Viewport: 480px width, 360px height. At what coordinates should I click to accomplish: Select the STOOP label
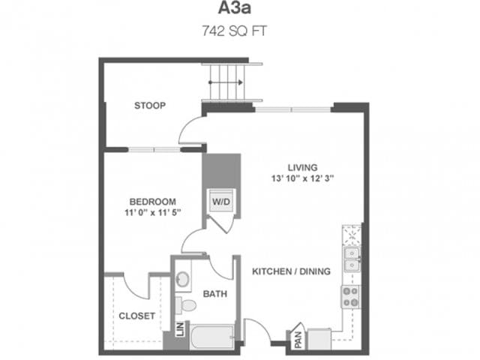[x=150, y=105]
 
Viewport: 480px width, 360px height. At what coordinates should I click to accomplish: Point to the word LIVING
[x=303, y=166]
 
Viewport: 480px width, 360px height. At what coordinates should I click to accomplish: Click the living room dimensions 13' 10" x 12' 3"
[x=303, y=178]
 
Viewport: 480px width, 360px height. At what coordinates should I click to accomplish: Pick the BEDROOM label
[x=152, y=201]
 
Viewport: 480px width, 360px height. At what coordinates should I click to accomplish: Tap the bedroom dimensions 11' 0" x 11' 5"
[x=152, y=213]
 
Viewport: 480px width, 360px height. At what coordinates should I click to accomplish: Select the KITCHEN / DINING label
[x=291, y=271]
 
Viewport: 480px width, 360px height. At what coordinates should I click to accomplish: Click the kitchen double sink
[x=351, y=259]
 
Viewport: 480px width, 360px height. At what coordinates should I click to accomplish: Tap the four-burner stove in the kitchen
[x=351, y=297]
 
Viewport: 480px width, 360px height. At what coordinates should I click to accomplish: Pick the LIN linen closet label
[x=180, y=329]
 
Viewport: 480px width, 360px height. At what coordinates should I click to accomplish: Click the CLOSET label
[x=137, y=316]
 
